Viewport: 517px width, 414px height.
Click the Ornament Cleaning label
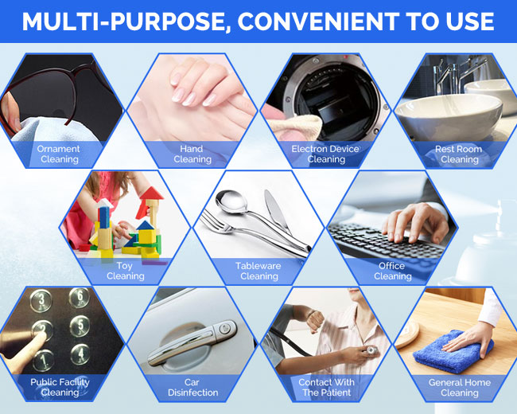click(x=59, y=154)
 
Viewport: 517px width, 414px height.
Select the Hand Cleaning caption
click(x=192, y=154)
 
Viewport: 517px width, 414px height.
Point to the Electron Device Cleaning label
click(x=325, y=154)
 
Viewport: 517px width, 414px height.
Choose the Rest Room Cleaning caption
click(x=459, y=154)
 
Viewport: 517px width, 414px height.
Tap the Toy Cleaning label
click(x=126, y=271)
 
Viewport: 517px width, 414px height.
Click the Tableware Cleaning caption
click(x=258, y=271)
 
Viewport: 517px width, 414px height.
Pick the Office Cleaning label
click(x=392, y=271)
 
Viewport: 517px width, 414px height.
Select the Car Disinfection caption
click(x=192, y=387)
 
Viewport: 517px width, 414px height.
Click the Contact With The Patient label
click(x=326, y=387)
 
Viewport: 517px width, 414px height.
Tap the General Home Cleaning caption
click(x=459, y=387)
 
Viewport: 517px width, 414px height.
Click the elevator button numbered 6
click(x=80, y=297)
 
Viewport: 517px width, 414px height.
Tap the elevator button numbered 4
click(x=80, y=354)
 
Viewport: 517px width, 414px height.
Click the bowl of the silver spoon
click(x=231, y=201)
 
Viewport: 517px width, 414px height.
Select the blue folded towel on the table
click(x=453, y=352)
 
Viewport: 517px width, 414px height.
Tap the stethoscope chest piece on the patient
click(x=372, y=350)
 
